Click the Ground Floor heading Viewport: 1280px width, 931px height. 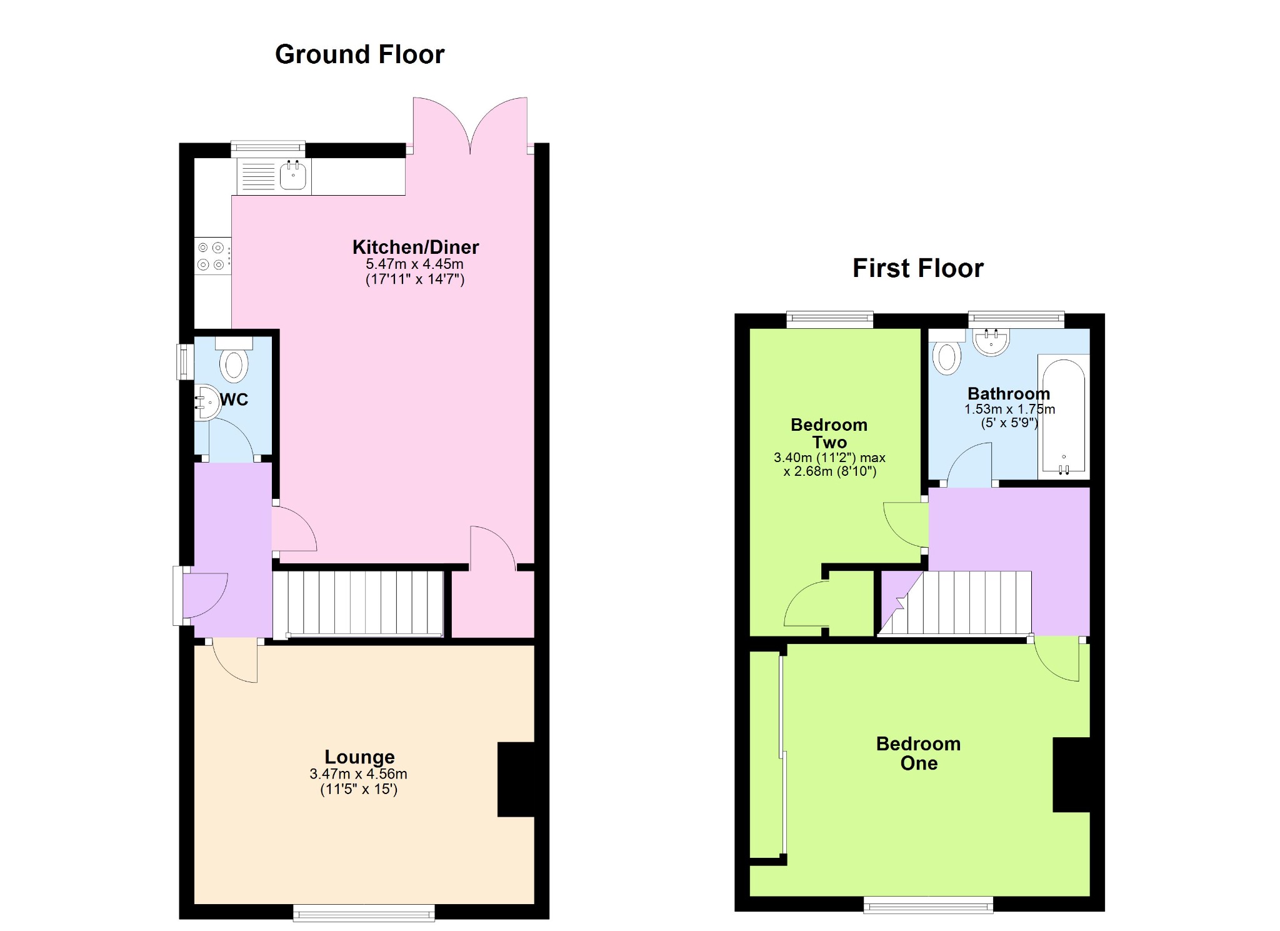(359, 54)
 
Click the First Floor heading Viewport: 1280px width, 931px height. (917, 268)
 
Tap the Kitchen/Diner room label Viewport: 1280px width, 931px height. (416, 247)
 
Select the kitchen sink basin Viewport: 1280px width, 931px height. (292, 174)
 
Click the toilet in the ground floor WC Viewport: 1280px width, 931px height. (234, 360)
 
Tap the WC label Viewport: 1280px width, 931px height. (234, 400)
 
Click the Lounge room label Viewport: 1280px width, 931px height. (359, 757)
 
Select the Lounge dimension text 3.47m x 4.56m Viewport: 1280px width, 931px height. (358, 774)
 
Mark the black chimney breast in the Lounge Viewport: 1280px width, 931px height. (516, 779)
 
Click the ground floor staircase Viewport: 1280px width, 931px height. (358, 604)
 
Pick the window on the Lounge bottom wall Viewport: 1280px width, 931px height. (364, 912)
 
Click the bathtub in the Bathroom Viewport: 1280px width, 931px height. (1063, 416)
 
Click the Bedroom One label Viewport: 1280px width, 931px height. (918, 753)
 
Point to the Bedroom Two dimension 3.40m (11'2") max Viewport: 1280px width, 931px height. (829, 458)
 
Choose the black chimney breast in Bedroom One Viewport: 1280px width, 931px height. (1071, 775)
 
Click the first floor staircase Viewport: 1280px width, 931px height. (955, 603)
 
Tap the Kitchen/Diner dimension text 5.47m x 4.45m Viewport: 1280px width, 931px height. (415, 264)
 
